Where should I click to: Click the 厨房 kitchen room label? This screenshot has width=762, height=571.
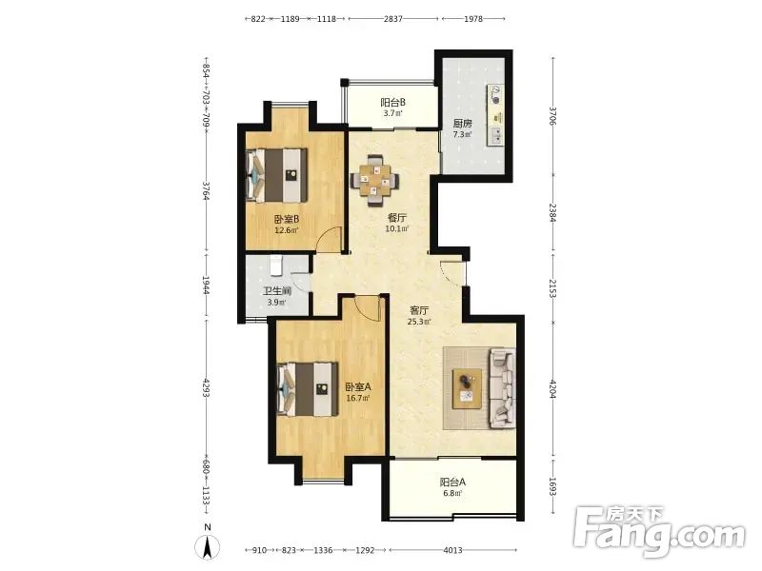pos(462,124)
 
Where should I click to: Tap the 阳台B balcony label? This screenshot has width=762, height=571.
pos(392,103)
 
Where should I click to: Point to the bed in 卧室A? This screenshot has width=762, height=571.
pos(308,389)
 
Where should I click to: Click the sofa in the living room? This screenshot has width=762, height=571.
pos(502,388)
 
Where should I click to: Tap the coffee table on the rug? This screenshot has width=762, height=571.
pos(467,388)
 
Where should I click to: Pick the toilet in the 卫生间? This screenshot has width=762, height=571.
pos(276,266)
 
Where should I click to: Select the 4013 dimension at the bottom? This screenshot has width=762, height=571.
pos(452,550)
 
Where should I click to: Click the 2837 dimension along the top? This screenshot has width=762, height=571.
pos(392,19)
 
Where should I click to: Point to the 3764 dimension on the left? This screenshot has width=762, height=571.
pos(207,191)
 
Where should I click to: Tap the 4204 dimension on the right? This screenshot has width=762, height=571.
pos(552,388)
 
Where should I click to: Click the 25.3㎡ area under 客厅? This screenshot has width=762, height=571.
pos(419,321)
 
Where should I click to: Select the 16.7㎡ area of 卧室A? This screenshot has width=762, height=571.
pos(358,398)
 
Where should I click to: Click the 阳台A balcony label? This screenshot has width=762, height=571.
pos(453,482)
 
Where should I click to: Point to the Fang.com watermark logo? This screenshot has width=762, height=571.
pos(658,533)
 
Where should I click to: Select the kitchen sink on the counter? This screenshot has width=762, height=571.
pos(496,136)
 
